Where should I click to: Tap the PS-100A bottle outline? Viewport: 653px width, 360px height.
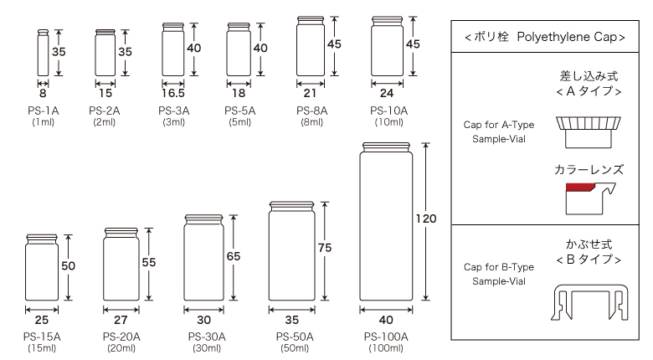coord(386,222)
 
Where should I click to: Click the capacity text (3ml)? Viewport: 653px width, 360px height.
coord(173,121)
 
